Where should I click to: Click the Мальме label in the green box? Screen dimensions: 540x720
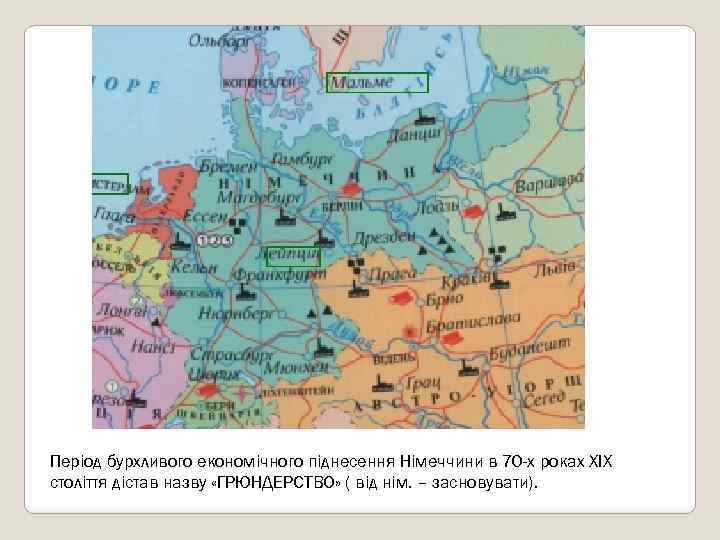click(377, 82)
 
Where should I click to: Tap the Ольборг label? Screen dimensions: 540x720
click(222, 42)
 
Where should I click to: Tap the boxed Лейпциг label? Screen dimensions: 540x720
click(293, 256)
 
